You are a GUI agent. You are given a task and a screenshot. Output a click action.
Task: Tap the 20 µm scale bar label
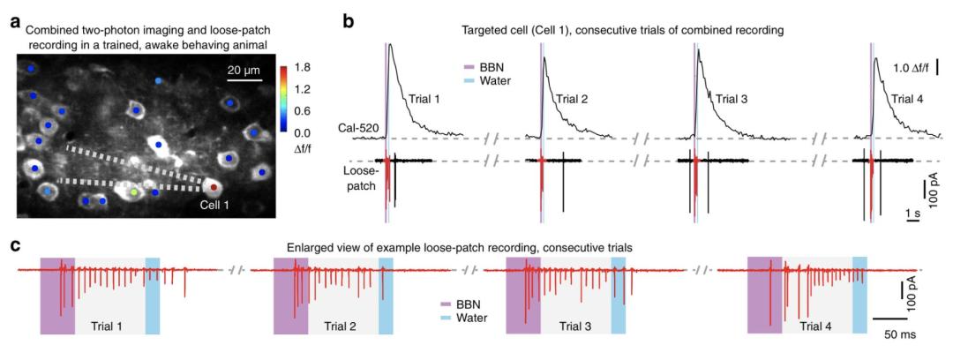[244, 71]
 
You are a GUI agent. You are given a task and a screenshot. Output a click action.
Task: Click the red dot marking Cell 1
[213, 186]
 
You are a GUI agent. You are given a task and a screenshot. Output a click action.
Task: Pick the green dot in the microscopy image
[133, 191]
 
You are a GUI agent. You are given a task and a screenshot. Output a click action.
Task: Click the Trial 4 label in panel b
[908, 98]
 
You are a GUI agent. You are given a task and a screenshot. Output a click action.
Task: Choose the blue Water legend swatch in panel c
[446, 316]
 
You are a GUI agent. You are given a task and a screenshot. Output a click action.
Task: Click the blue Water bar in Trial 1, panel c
[153, 296]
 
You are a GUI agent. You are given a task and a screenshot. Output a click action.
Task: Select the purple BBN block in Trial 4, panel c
[764, 295]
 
